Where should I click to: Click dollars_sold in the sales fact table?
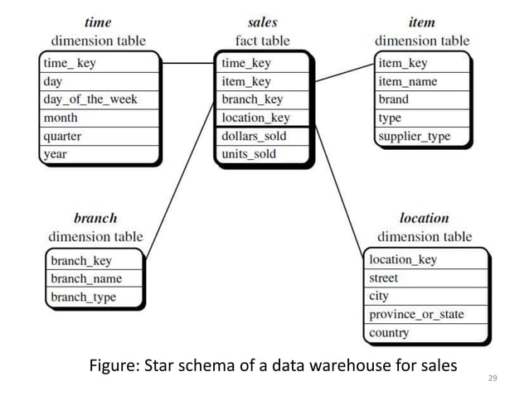tap(254, 136)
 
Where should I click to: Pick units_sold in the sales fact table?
tap(249, 154)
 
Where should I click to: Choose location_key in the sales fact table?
tap(255, 118)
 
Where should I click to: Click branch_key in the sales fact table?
tap(252, 99)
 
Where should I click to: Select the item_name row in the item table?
tap(407, 81)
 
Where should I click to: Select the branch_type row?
tap(83, 297)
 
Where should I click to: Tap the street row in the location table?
tap(384, 278)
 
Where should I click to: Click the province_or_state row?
tap(416, 315)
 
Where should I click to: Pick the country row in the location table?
tap(389, 333)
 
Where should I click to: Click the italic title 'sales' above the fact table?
tap(263, 22)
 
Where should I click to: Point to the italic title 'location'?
tap(424, 219)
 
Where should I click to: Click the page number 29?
tap(493, 379)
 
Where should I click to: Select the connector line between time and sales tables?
tap(187, 63)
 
